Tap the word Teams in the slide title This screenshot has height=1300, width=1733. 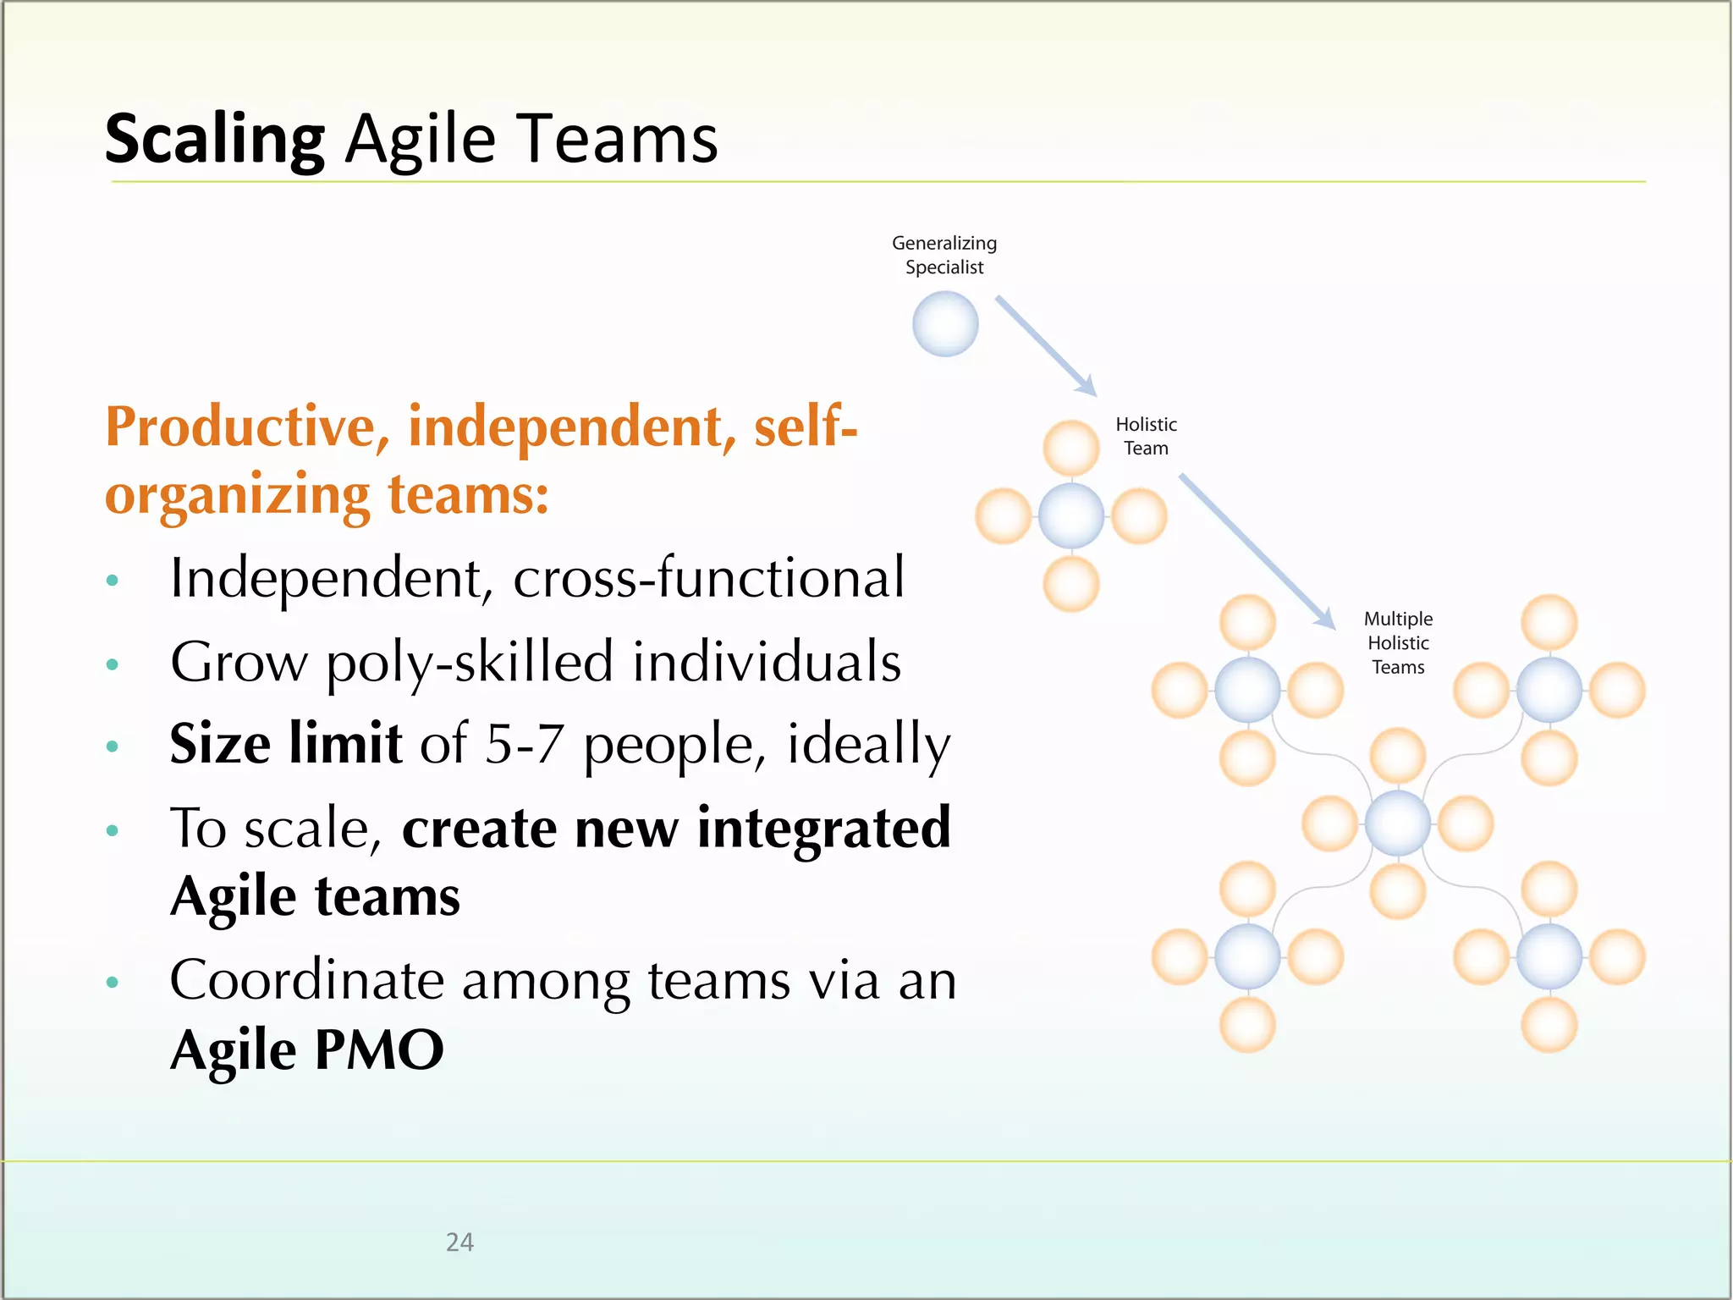click(618, 138)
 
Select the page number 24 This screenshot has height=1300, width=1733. click(459, 1242)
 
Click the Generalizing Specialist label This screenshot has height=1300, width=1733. click(944, 255)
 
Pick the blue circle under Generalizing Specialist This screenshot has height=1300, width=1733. click(945, 324)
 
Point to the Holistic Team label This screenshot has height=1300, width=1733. click(1146, 436)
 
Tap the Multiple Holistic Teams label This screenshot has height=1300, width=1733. click(1398, 642)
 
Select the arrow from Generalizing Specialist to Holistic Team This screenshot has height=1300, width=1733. click(1046, 345)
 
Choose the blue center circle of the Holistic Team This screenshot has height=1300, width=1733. click(1071, 516)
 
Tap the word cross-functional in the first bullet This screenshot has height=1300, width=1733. click(709, 578)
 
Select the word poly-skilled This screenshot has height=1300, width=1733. click(470, 663)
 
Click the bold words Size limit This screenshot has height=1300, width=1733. click(285, 744)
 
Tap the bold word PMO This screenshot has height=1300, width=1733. click(378, 1049)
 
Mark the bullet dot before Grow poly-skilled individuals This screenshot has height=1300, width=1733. click(113, 664)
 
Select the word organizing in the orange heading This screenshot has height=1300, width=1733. click(237, 496)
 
